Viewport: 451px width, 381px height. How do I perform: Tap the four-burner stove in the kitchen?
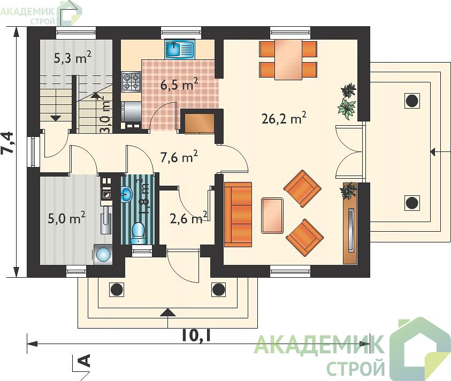point(132,81)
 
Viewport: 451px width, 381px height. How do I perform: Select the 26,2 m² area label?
point(284,118)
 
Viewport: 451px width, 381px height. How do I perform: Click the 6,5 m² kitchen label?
point(179,85)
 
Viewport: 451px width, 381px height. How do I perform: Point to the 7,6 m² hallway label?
point(179,157)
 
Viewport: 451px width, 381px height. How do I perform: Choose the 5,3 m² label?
point(73,58)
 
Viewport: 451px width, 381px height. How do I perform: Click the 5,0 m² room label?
point(66,218)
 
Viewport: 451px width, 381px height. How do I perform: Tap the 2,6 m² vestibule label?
point(188,218)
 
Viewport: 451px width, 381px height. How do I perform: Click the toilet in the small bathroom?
point(139,233)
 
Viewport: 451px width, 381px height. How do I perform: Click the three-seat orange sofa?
point(238,215)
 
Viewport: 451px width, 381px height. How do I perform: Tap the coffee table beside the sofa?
point(272,215)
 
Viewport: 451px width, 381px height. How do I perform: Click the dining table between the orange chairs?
point(288,59)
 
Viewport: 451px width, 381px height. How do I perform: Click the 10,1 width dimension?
point(196,335)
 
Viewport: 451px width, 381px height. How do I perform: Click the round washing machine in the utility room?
point(103,254)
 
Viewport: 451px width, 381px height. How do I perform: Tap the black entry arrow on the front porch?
point(167,313)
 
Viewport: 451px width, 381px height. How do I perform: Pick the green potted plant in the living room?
point(347,109)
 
